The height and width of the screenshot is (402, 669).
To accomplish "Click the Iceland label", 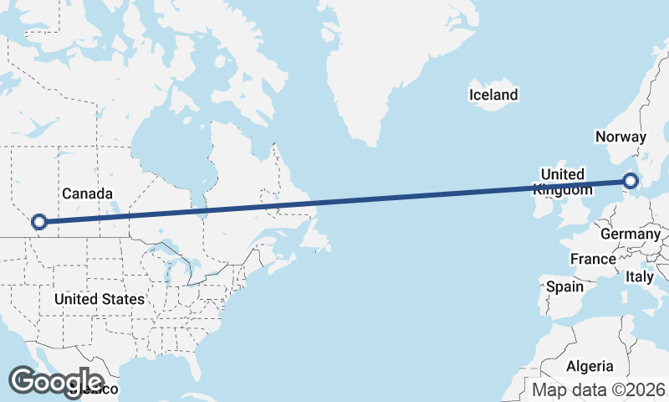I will coord(493,95).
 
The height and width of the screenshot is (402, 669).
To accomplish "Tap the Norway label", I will coord(620,137).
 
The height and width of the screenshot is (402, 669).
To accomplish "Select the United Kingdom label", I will coord(562,182).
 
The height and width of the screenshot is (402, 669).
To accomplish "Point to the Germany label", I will coord(630,234).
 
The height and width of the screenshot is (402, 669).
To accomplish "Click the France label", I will coord(593,259).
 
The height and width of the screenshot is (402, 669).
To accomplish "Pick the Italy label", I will coord(640,276).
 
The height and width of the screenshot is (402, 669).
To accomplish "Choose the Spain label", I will coord(564,286).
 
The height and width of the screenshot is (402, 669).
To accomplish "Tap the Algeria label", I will coord(590,366).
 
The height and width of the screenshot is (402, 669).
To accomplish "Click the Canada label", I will coord(87,194).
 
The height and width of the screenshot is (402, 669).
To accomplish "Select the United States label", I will coord(99,299).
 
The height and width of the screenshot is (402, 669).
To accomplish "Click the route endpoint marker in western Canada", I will coord(38,222).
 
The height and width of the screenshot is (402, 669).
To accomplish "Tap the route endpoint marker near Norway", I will coord(631,180).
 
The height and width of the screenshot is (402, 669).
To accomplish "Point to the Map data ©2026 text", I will coord(598,389).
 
